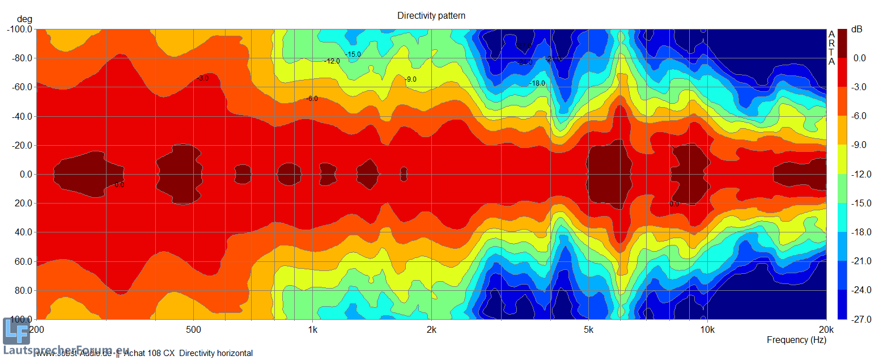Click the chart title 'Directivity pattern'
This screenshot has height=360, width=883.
tap(431, 16)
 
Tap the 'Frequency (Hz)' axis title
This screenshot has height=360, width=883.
tap(796, 340)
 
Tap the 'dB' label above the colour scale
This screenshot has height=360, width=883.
tap(857, 29)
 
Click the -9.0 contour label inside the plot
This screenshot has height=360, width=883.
tap(410, 79)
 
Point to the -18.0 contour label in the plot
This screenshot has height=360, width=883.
tap(537, 83)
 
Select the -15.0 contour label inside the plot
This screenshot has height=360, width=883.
tap(353, 54)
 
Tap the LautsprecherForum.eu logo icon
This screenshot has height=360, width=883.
tap(16, 332)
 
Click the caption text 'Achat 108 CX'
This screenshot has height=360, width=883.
tap(149, 353)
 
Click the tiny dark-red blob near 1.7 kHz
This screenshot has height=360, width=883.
tap(404, 174)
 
